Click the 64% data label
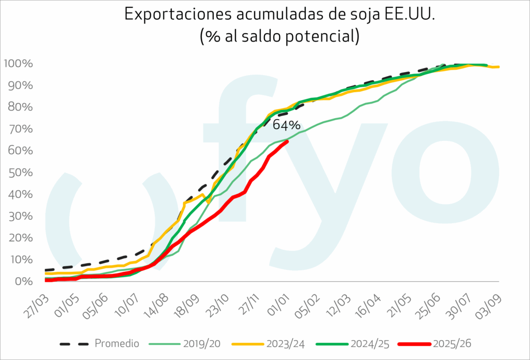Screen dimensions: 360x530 point(286,125)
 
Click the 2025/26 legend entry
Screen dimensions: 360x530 point(446,343)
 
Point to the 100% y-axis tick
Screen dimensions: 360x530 point(19,64)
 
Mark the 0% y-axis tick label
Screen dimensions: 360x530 point(25,281)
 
